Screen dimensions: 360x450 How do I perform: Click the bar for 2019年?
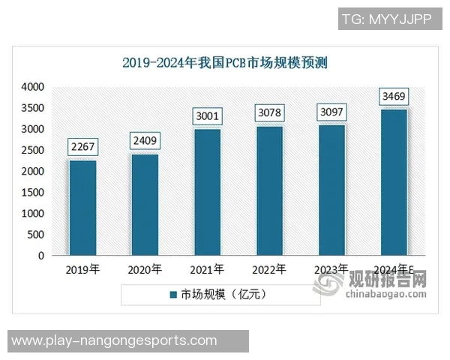coord(82,208)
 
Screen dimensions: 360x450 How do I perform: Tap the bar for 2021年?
coord(207,192)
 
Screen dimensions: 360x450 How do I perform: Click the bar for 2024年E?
coord(394,182)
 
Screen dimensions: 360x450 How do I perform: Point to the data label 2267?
coord(82,148)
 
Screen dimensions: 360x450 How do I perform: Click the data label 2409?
coord(145,141)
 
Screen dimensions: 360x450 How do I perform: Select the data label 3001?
coord(207,116)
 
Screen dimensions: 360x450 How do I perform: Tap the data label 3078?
coord(269,114)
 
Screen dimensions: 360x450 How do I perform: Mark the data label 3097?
coord(331,113)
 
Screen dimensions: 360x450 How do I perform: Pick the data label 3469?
coord(394,97)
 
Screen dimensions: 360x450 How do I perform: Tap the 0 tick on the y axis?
coord(42,255)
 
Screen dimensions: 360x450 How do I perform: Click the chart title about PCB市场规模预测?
coord(225,63)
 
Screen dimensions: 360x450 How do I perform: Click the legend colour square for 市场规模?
coord(172,295)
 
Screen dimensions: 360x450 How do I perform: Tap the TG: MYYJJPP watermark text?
coord(386,19)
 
